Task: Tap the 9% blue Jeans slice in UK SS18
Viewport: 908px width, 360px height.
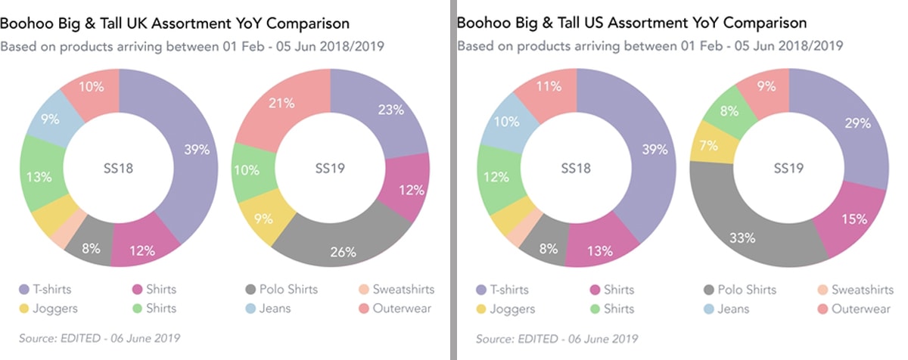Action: [x=51, y=119]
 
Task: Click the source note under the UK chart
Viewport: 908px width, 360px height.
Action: [x=99, y=338]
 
